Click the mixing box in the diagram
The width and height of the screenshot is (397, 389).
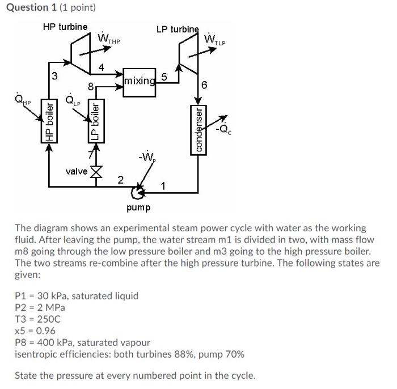[x=139, y=81]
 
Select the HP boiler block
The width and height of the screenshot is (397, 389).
[x=50, y=121]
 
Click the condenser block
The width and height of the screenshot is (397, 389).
[x=198, y=128]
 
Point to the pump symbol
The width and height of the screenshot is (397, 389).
[x=137, y=191]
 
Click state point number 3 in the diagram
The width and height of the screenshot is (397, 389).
[x=54, y=76]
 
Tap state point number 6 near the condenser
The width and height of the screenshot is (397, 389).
[x=205, y=85]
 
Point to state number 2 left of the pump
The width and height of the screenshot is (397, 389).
[x=120, y=180]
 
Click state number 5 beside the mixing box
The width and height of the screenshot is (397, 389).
[x=164, y=77]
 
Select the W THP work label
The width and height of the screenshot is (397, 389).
[x=109, y=39]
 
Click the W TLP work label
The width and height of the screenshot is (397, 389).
[x=215, y=40]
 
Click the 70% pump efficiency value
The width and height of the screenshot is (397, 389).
[x=235, y=354]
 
